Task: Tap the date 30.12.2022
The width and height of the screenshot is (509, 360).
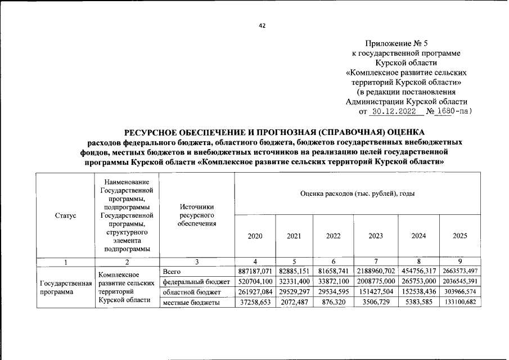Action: pyautogui.click(x=397, y=111)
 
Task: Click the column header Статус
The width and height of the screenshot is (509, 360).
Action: pyautogui.click(x=65, y=215)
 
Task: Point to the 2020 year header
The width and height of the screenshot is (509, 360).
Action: pyautogui.click(x=255, y=236)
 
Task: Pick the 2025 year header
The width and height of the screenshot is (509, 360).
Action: pyautogui.click(x=460, y=236)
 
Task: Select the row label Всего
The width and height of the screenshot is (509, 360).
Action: pyautogui.click(x=172, y=271)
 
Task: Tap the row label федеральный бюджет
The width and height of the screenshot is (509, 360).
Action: pyautogui.click(x=196, y=282)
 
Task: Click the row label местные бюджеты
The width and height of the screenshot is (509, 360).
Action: pyautogui.click(x=191, y=303)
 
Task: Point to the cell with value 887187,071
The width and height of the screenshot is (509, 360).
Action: pyautogui.click(x=255, y=271)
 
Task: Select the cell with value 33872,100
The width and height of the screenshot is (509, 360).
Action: pyautogui.click(x=334, y=282)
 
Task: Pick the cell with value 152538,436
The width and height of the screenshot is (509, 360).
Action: pyautogui.click(x=418, y=292)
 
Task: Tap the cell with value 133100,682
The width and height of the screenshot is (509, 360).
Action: pyautogui.click(x=460, y=303)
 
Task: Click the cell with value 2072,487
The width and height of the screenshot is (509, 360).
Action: pyautogui.click(x=294, y=303)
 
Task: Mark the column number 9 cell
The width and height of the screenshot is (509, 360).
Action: pyautogui.click(x=460, y=262)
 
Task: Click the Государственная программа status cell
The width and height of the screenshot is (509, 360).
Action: pyautogui.click(x=65, y=287)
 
